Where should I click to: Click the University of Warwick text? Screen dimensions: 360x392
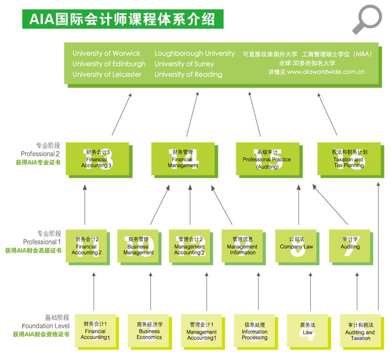106,53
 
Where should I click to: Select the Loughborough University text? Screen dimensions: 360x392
195,53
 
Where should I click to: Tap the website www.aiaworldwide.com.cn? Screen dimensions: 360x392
325,72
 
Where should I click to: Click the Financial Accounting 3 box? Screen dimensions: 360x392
97,159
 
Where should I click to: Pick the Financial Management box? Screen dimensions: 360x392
183,159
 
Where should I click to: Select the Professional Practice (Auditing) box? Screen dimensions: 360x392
267,159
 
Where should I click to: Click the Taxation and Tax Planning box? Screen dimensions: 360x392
348,159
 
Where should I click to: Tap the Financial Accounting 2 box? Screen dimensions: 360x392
87,246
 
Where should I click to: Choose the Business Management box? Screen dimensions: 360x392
138,246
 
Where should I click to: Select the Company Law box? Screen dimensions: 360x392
296,246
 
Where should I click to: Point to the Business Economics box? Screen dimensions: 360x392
149,331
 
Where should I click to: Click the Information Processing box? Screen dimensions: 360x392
254,331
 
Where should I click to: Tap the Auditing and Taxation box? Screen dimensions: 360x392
360,331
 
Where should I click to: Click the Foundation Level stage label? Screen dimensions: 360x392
46,326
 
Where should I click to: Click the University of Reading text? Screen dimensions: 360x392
188,75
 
